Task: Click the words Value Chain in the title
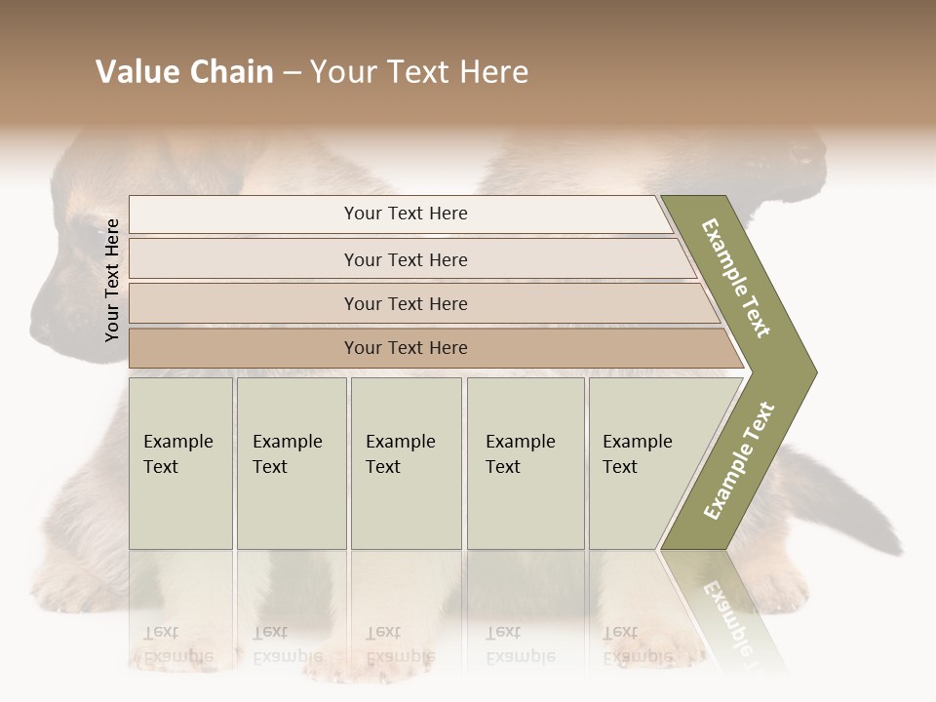(184, 72)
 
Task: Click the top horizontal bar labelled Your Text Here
(405, 214)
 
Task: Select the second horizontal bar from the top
(405, 259)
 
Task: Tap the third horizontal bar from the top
(405, 303)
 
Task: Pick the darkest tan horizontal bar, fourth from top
(405, 348)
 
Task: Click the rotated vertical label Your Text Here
(112, 280)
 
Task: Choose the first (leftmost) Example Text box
(180, 463)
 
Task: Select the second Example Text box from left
(291, 463)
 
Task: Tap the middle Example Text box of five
(405, 463)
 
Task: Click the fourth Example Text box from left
(525, 463)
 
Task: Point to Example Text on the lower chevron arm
(739, 460)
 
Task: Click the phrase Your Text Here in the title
(419, 72)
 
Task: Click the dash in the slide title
(292, 73)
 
